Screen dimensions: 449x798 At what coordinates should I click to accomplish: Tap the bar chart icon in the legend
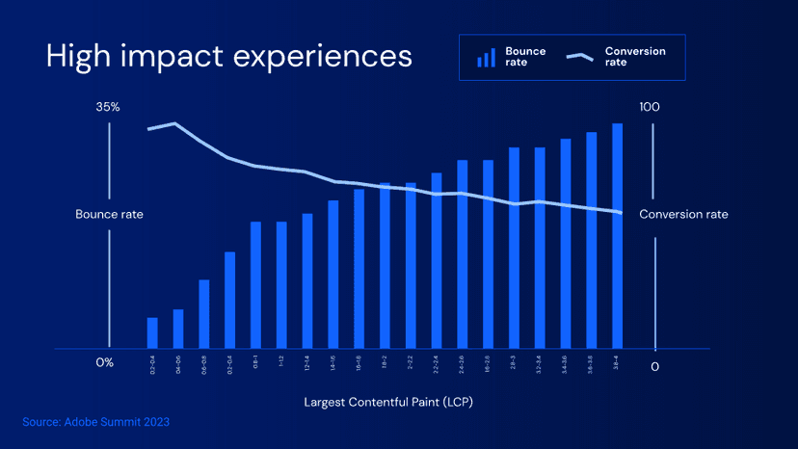[487, 58]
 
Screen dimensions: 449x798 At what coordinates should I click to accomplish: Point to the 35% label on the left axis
[108, 107]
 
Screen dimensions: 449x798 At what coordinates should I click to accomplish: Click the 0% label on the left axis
[105, 362]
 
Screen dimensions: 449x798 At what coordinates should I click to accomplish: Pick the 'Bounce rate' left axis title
[109, 214]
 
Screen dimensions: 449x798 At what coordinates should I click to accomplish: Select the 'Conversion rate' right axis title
[683, 214]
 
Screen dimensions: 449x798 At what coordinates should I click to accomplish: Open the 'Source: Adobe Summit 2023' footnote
[96, 422]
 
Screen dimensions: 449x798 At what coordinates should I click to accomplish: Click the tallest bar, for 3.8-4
[617, 236]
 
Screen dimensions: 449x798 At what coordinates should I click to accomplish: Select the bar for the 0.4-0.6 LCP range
[178, 329]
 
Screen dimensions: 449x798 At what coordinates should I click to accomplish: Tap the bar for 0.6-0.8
[204, 314]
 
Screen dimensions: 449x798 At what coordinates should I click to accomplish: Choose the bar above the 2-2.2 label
[411, 265]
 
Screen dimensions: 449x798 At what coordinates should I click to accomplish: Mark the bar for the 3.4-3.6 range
[566, 244]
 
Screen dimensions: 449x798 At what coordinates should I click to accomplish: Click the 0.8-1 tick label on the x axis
[256, 362]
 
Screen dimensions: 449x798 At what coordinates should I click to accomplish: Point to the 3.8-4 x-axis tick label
[617, 362]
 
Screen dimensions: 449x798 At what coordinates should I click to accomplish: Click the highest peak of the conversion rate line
[174, 123]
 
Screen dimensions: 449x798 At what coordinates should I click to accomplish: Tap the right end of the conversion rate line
[620, 212]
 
